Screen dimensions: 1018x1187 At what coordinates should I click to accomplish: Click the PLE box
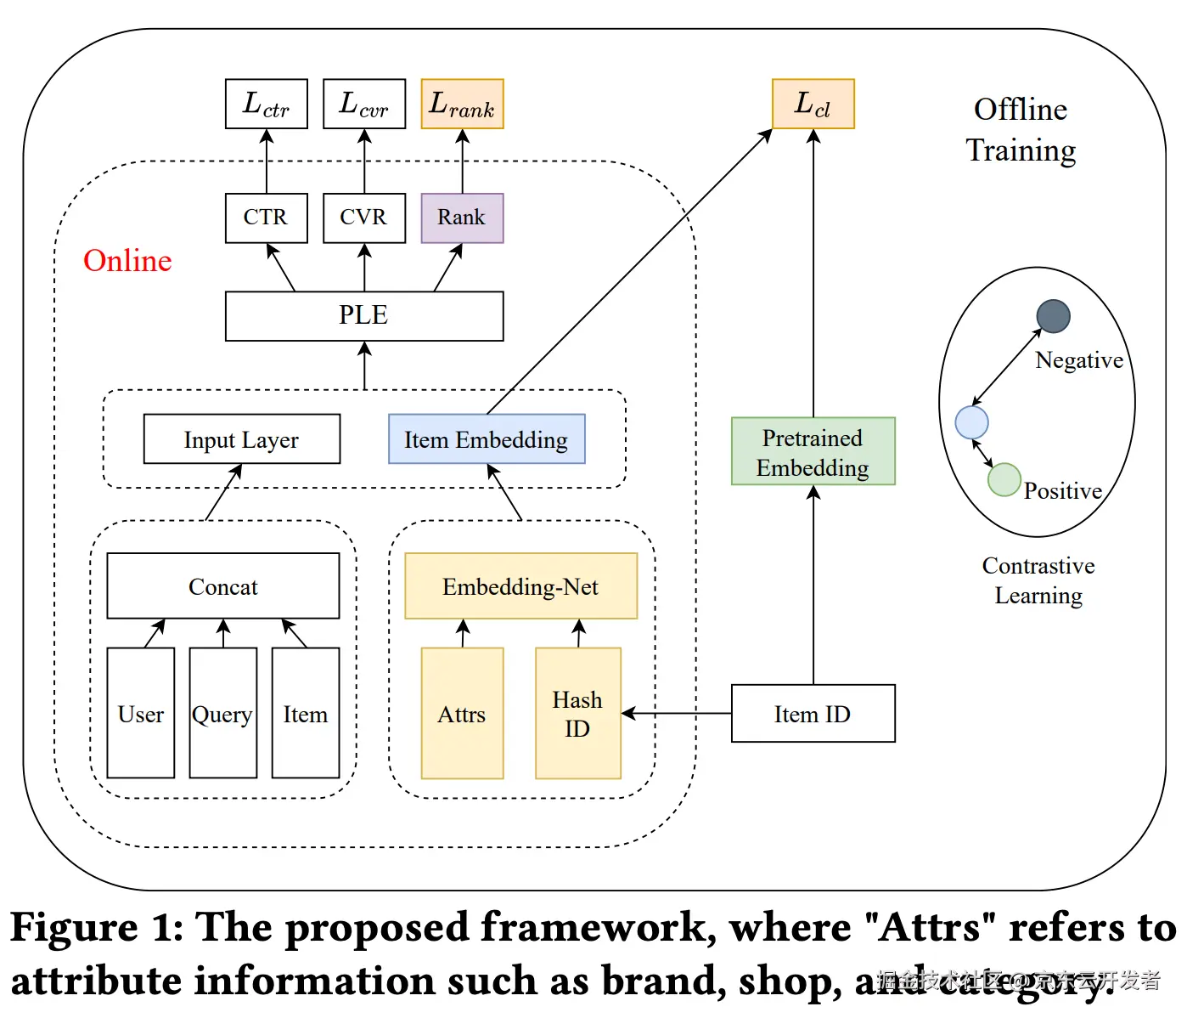point(364,315)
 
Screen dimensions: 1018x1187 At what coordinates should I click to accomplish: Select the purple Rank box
point(462,218)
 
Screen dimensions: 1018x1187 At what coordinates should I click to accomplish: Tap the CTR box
point(266,218)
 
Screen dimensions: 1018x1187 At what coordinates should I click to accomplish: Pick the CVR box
point(364,218)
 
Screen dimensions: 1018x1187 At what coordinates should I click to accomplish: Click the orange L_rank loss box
point(462,104)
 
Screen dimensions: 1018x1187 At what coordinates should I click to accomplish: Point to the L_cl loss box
point(813,104)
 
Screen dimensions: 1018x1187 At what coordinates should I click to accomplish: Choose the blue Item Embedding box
point(487,439)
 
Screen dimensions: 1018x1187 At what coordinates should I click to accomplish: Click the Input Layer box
point(242,439)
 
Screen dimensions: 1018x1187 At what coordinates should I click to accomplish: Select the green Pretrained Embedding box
point(813,451)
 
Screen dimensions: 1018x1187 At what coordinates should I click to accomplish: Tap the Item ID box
point(813,714)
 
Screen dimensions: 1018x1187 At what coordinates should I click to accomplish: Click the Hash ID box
point(577,714)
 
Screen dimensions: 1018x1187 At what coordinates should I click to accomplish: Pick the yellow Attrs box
point(462,714)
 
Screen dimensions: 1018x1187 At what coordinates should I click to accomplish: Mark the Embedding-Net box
point(520,586)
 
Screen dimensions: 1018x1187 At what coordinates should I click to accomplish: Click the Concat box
point(222,586)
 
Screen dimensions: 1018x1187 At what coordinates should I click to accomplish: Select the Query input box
point(222,714)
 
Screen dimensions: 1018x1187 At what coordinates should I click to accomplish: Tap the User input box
point(141,714)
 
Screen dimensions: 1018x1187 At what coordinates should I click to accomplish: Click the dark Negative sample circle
point(1053,316)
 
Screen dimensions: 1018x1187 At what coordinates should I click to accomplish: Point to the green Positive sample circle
point(1004,479)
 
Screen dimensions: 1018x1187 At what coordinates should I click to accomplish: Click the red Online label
point(127,261)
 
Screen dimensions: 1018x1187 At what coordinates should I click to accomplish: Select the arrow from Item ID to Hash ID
point(677,714)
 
